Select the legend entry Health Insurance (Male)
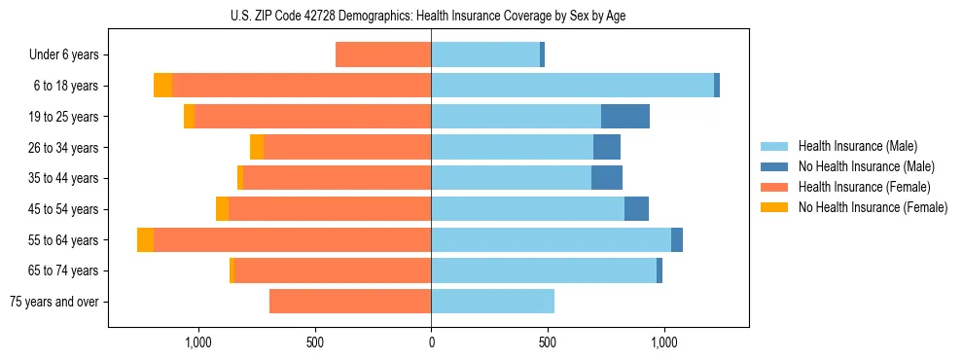[x=857, y=146]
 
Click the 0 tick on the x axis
[x=431, y=343]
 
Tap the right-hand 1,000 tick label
[x=664, y=343]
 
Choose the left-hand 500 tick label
[x=314, y=343]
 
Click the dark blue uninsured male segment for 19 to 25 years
[x=625, y=117]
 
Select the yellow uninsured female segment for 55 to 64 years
[x=145, y=240]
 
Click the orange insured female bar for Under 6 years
[x=383, y=55]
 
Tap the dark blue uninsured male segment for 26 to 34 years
[x=607, y=148]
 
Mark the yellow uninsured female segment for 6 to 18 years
[x=162, y=86]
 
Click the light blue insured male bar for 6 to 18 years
[x=572, y=86]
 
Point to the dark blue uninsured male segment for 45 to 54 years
[x=636, y=209]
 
